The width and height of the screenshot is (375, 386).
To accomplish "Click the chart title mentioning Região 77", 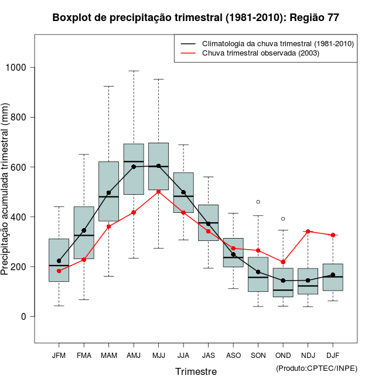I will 196,18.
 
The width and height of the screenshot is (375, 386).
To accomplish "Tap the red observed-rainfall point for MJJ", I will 159,191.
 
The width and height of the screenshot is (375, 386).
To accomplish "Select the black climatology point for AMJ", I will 134,167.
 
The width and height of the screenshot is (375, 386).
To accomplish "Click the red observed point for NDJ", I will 308,232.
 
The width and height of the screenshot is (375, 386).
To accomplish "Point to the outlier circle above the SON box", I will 258,202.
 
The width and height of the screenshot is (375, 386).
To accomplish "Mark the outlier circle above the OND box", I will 283,219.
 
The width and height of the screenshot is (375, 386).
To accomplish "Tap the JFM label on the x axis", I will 59,356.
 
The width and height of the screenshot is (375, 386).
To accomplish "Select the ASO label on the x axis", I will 233,356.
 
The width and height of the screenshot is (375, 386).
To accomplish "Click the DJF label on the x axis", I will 333,356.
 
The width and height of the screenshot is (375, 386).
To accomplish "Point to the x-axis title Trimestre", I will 196,371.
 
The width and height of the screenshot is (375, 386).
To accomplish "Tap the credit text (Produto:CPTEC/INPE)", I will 316,368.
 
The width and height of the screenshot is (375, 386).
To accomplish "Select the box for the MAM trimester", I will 109,191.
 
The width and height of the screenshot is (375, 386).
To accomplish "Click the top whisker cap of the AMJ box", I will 134,71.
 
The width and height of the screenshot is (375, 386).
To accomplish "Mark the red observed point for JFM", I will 59,271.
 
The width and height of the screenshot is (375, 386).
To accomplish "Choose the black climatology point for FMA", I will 84,230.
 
